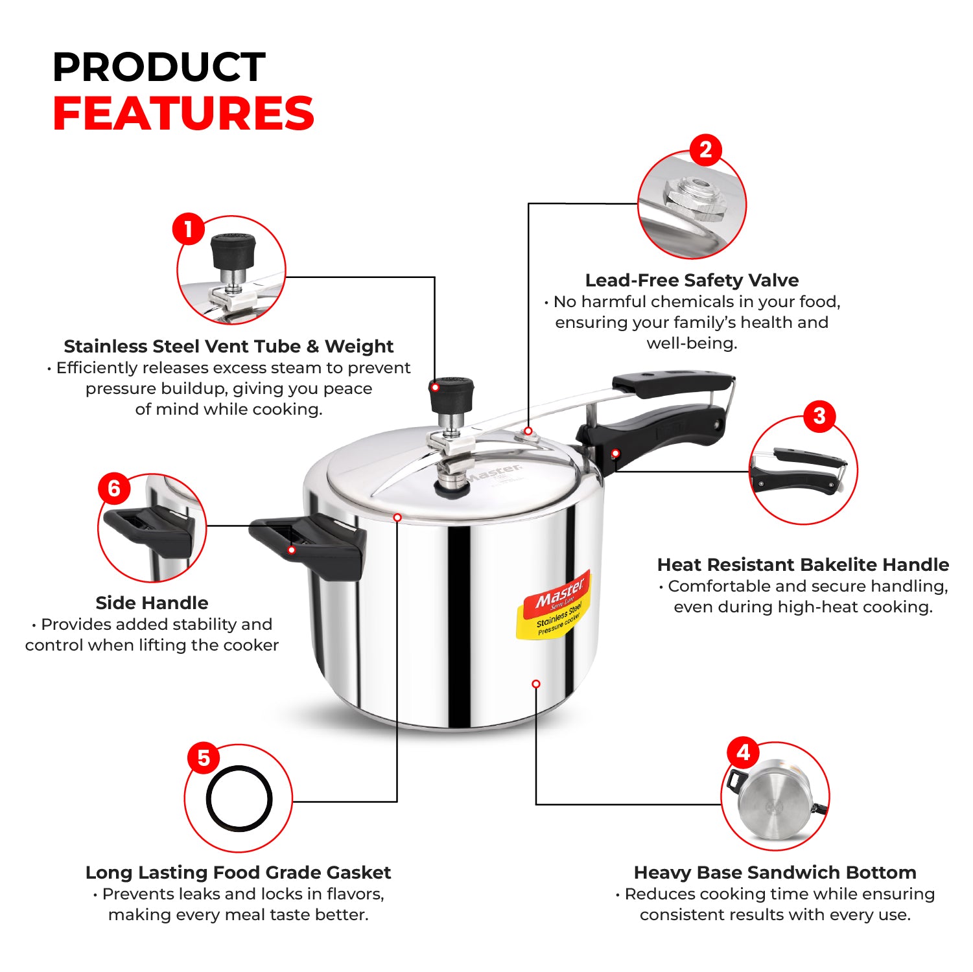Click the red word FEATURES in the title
[x=183, y=113]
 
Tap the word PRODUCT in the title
[x=159, y=67]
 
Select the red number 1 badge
[x=188, y=229]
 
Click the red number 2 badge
[x=705, y=150]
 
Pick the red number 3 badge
[x=819, y=416]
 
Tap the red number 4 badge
[x=743, y=752]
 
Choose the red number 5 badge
[x=204, y=758]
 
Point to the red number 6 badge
[x=114, y=488]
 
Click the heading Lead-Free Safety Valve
[x=692, y=281]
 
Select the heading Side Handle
[x=152, y=603]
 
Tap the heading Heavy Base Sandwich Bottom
[x=775, y=873]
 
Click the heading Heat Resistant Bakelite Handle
[x=803, y=565]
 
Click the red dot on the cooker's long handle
[x=615, y=454]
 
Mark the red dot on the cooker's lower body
[x=536, y=684]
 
